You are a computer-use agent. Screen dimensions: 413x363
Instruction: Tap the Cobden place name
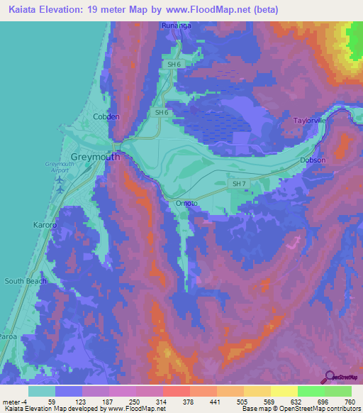click(x=106, y=117)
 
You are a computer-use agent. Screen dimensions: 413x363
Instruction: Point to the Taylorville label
click(x=313, y=121)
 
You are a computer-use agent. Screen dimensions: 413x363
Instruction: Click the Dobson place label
click(x=313, y=160)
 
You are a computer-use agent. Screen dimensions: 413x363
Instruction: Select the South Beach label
click(x=26, y=281)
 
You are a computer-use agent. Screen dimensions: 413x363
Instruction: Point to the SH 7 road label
click(x=240, y=184)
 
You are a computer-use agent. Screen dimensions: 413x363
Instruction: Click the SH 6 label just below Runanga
click(x=174, y=65)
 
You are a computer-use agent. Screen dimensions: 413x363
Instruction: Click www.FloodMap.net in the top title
click(x=206, y=10)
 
